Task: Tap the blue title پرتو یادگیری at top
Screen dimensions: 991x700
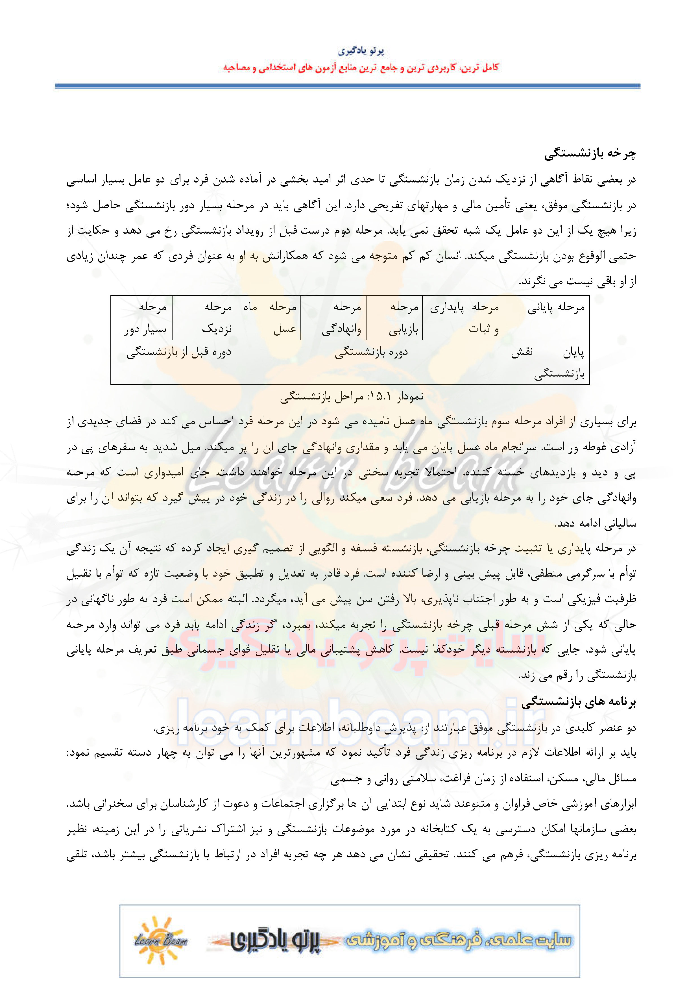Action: [361, 51]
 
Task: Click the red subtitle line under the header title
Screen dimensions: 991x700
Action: [361, 67]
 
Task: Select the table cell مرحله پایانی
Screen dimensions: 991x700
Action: [556, 307]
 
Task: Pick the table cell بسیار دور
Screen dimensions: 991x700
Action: [145, 330]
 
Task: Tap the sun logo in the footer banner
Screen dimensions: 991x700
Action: [160, 940]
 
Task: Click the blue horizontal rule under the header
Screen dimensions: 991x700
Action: [348, 86]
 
